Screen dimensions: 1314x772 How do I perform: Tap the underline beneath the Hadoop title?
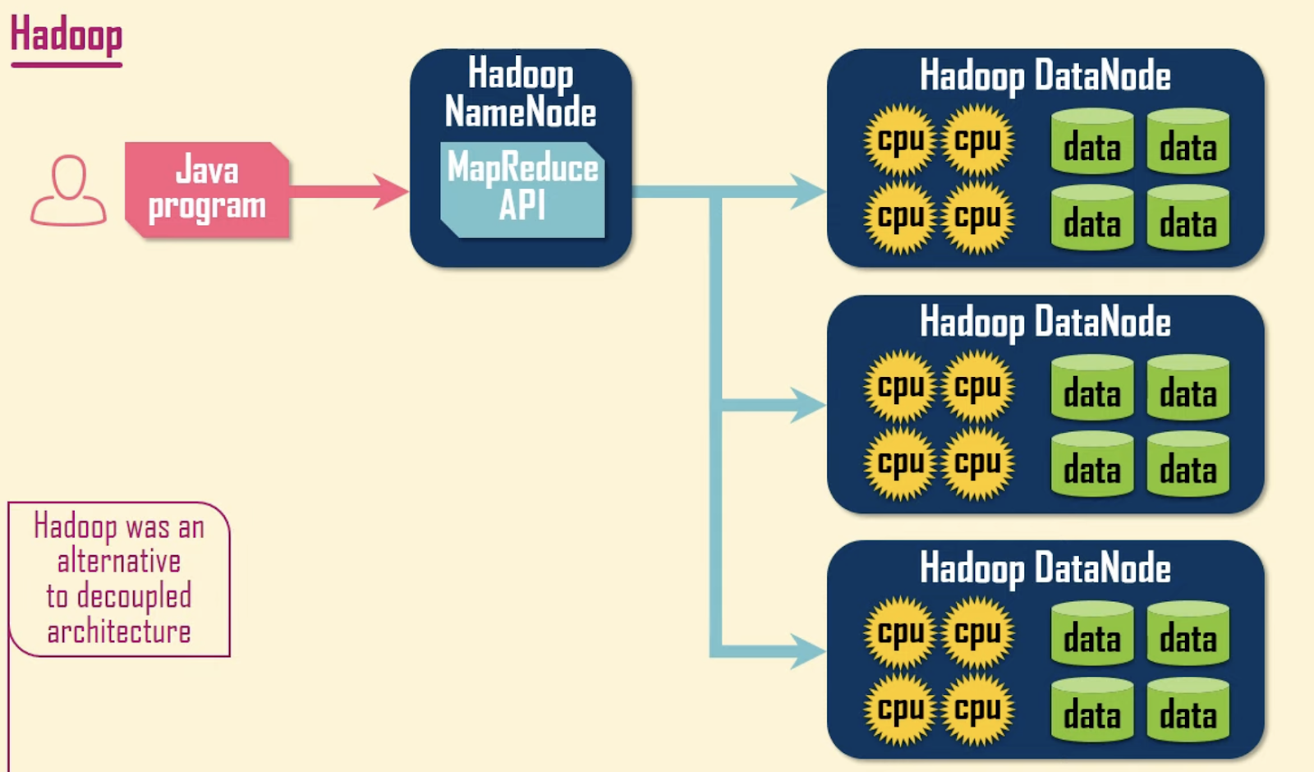coord(67,65)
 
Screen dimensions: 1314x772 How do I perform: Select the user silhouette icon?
coord(69,190)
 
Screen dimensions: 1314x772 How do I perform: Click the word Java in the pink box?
coord(207,169)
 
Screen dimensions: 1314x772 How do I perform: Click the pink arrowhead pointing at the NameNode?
coord(391,191)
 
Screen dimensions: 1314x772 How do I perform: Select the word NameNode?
coord(521,112)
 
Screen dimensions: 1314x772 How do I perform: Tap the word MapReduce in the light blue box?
coord(522,168)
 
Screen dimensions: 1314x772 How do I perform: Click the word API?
coord(522,204)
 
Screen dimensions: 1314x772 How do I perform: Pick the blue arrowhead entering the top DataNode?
coord(808,191)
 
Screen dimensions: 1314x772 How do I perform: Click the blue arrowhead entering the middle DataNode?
coord(808,405)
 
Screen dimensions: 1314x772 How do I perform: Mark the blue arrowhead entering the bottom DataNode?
coord(808,651)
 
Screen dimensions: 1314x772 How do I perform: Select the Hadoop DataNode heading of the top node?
coord(1045,76)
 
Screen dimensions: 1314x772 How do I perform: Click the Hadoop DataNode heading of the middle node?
coord(1045,323)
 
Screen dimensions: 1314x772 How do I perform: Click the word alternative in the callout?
coord(119,562)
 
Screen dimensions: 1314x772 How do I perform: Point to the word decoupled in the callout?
coord(135,596)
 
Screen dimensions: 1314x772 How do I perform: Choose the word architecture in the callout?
coord(119,632)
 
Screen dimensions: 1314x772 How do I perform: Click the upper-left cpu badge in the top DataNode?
coord(900,140)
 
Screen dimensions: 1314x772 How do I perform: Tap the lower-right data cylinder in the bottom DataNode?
coord(1188,710)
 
